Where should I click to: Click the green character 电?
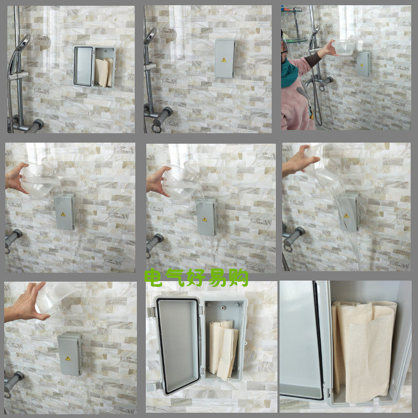tap(153, 277)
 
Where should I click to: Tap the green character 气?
tap(175, 277)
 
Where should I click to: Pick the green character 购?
tap(239, 278)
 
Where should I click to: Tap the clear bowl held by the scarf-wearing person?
tap(345, 47)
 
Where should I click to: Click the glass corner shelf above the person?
tap(294, 41)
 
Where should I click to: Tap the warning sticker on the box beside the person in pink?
tap(362, 65)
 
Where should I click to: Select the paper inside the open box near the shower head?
tap(104, 73)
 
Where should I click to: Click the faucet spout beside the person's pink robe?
tap(309, 83)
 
